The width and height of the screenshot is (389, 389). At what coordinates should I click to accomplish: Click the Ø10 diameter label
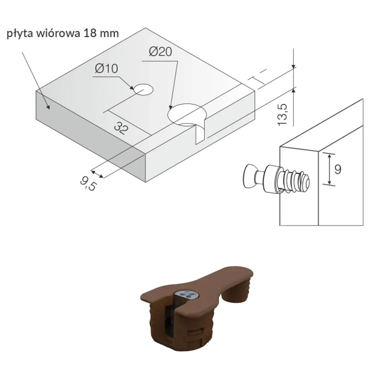coord(106,69)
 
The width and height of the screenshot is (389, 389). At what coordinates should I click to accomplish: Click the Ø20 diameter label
coord(160,52)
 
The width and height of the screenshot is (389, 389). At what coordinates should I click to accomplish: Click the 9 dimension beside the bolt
coord(338,169)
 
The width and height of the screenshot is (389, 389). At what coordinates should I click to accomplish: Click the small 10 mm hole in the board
coord(143,90)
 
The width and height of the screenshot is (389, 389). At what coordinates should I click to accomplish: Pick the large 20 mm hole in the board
coord(187,114)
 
